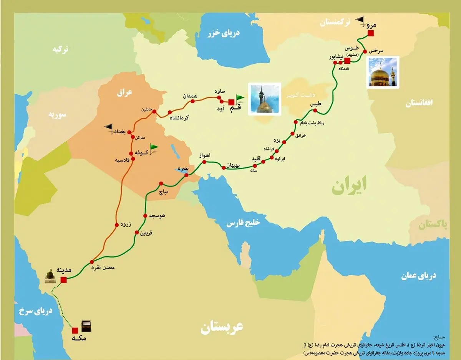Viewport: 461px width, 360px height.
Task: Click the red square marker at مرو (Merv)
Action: (370, 33)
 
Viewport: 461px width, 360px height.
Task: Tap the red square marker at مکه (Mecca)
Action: (75, 330)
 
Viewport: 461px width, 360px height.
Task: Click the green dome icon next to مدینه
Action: (50, 275)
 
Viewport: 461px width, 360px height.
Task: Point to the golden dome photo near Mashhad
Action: (383, 72)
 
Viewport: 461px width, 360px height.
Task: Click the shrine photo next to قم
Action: (265, 99)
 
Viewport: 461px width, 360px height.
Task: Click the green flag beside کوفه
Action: (154, 148)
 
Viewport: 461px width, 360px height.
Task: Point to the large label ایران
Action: (349, 185)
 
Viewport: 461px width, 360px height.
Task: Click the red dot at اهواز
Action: (204, 162)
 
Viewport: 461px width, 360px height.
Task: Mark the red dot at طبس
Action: (315, 111)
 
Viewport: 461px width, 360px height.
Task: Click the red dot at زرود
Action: (116, 225)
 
